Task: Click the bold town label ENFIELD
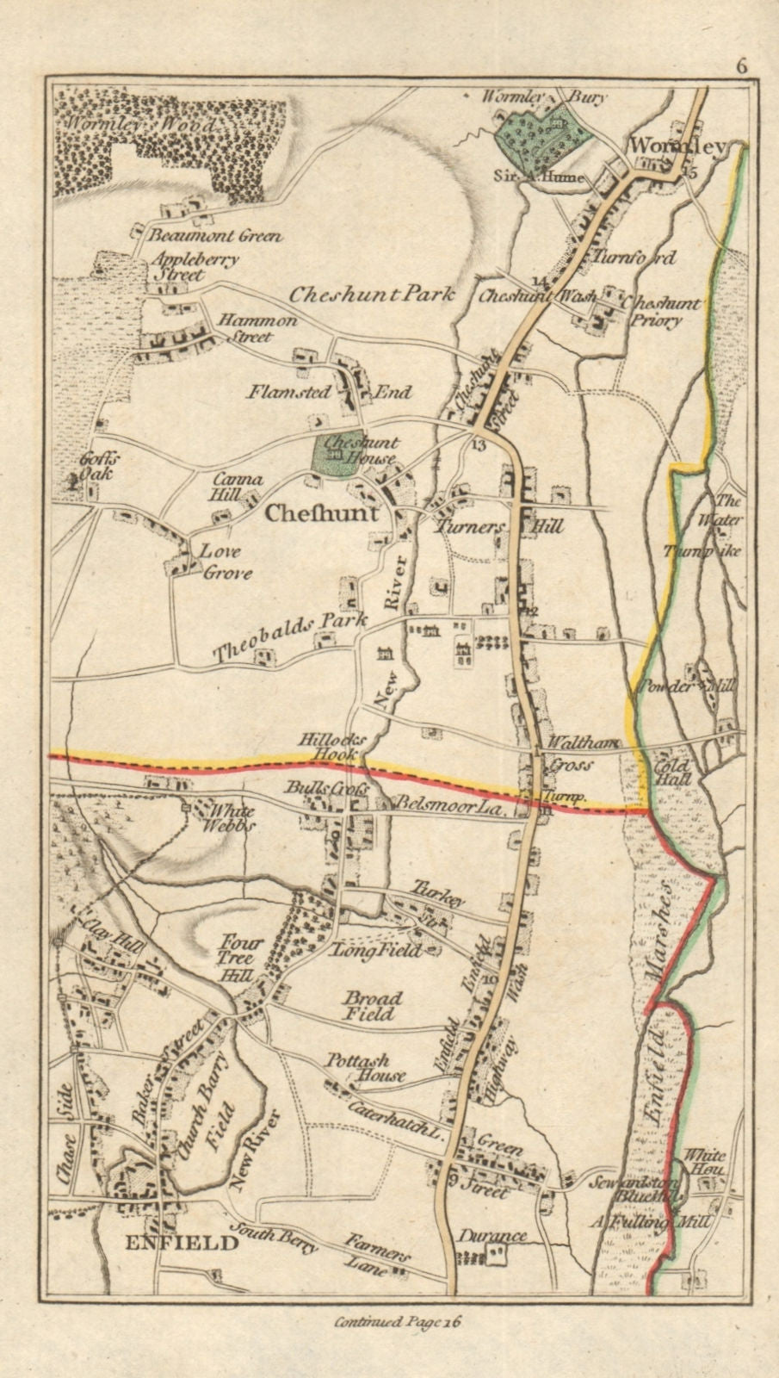[181, 1243]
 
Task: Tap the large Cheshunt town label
[322, 514]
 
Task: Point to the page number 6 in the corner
[741, 67]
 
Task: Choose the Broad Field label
[373, 1006]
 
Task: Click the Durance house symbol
[497, 1258]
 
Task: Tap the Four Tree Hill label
[234, 958]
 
